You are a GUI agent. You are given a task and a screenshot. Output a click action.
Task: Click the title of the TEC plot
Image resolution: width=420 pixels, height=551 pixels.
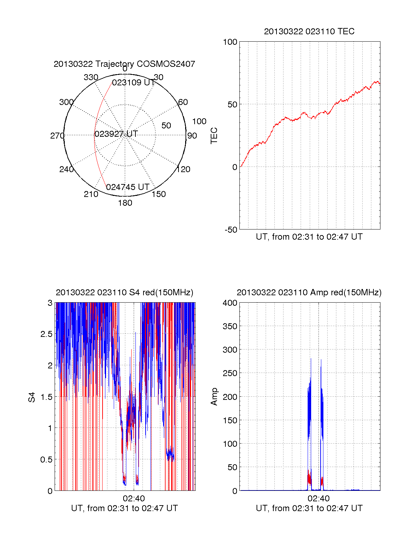309,31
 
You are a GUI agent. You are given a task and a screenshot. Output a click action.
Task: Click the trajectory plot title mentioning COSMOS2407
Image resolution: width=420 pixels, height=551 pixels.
124,64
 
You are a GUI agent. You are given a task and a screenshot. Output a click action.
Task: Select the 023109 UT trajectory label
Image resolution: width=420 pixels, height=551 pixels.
133,83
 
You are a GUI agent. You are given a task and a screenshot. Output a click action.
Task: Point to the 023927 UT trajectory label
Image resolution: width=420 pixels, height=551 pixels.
116,134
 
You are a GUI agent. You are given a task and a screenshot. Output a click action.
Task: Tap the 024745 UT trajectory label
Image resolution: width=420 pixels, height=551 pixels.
128,187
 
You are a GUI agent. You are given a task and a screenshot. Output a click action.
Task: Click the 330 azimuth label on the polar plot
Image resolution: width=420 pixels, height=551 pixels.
91,77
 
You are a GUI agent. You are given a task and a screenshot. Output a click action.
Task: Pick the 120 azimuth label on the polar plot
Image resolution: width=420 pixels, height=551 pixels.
183,169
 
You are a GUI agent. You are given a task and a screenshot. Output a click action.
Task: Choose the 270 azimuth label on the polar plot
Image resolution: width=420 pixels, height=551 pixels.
57,136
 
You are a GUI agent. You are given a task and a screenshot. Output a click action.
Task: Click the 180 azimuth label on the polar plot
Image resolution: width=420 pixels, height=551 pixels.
125,203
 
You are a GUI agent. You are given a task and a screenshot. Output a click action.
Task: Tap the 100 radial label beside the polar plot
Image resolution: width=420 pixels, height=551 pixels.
199,121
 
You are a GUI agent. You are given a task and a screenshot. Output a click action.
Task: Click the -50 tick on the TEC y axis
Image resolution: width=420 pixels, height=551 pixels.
231,230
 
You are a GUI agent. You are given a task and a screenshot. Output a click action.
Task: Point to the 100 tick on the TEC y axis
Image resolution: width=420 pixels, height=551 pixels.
230,42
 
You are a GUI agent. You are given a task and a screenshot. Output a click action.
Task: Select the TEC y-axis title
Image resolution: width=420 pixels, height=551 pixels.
214,136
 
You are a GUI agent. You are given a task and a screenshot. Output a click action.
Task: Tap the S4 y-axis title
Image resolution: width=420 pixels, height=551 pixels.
32,397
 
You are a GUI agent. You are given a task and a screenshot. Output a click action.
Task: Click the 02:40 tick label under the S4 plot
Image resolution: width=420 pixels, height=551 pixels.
134,499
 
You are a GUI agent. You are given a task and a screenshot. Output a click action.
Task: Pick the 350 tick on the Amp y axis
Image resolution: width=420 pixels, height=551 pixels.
230,326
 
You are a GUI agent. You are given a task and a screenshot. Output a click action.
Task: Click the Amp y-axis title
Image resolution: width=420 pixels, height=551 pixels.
214,397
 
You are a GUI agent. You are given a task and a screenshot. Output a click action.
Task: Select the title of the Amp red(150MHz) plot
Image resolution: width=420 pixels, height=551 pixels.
309,292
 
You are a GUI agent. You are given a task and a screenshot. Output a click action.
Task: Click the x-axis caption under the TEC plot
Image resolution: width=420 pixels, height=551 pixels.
309,237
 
